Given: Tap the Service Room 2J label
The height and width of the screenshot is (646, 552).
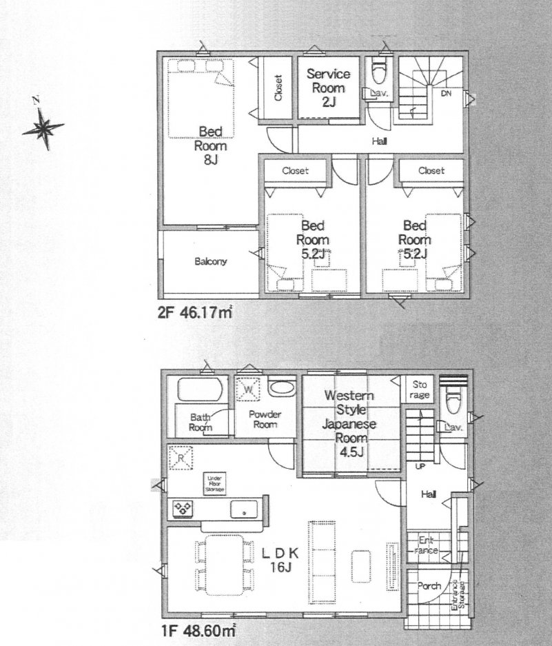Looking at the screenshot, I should coord(328,88).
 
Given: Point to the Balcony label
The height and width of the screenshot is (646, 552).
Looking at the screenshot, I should coord(210,262).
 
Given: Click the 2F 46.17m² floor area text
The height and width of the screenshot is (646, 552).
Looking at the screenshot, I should coord(194,312).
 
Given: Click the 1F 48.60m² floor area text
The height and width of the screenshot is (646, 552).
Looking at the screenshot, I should coord(194,629).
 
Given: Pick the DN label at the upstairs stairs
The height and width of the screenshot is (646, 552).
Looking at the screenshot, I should coord(446,94).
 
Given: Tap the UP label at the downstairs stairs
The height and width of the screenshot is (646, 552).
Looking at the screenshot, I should coord(418,467).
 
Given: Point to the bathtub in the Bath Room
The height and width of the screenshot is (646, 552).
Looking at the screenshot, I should coord(198,390).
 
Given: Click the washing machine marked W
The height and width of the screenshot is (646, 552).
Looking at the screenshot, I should coord(247,390).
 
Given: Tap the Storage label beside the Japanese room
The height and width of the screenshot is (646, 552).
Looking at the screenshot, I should coord(420,390).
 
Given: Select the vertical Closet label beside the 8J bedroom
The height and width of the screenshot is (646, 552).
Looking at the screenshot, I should coord(278,88).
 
